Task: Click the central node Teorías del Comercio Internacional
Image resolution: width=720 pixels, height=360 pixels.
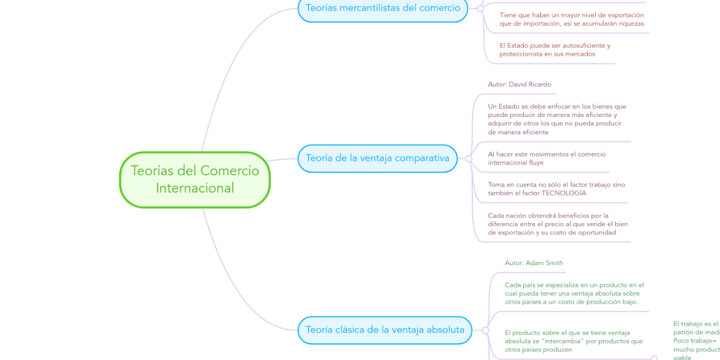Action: coord(195,179)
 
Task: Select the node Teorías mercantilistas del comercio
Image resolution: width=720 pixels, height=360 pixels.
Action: coord(383,8)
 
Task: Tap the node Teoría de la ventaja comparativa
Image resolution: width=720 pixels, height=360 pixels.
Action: coord(377,158)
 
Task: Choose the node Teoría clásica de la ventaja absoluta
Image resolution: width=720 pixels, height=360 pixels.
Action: coord(385,330)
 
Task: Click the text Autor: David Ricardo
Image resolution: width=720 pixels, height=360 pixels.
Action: coord(520,85)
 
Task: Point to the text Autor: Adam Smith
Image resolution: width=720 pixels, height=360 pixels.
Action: coord(534,263)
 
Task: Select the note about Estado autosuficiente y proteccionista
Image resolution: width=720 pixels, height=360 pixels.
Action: coord(554,50)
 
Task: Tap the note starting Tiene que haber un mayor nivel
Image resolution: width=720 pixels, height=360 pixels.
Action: coord(571,19)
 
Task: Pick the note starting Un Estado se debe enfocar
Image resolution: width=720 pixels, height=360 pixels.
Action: coord(557,119)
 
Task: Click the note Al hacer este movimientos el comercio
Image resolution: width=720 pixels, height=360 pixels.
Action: coord(547,158)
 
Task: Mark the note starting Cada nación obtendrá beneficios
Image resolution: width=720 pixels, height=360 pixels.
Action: coord(557,224)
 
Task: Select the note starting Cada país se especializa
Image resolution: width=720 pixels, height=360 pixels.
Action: coord(574,293)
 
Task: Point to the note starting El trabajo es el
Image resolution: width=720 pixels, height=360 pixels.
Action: coord(696,340)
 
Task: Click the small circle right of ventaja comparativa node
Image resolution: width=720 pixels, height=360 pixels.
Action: coord(469,158)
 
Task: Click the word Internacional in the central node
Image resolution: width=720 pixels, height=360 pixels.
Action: coord(195,188)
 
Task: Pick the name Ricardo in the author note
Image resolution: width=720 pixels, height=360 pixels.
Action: coord(539,85)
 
